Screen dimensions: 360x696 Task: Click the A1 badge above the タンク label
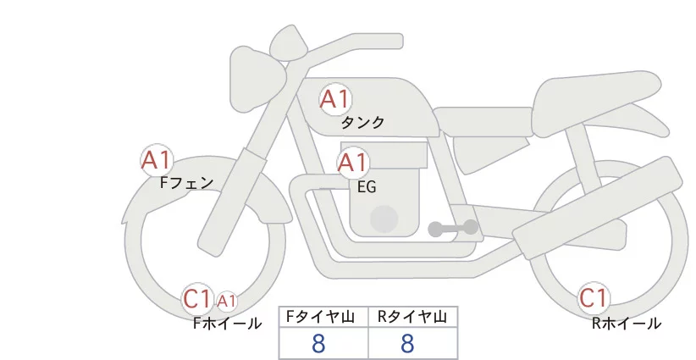334,100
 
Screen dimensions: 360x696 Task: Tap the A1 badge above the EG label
353,163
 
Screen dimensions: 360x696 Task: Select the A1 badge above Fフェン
157,159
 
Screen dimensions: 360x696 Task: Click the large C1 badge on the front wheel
197,298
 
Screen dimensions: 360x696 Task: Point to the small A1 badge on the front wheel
226,300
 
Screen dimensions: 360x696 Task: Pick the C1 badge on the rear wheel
594,298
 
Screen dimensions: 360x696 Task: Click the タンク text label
362,123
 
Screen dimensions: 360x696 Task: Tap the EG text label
367,186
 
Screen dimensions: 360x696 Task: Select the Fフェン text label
186,182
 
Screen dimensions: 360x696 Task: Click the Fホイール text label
227,323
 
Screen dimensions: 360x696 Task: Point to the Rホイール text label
627,323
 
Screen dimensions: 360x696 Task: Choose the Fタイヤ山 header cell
323,317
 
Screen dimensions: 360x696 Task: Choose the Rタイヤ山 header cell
412,317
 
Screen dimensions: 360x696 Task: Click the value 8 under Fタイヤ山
319,343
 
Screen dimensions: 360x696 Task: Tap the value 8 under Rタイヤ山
407,343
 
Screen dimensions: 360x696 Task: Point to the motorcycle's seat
597,95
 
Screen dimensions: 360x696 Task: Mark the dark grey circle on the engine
384,219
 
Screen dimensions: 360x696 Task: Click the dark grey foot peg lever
452,228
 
